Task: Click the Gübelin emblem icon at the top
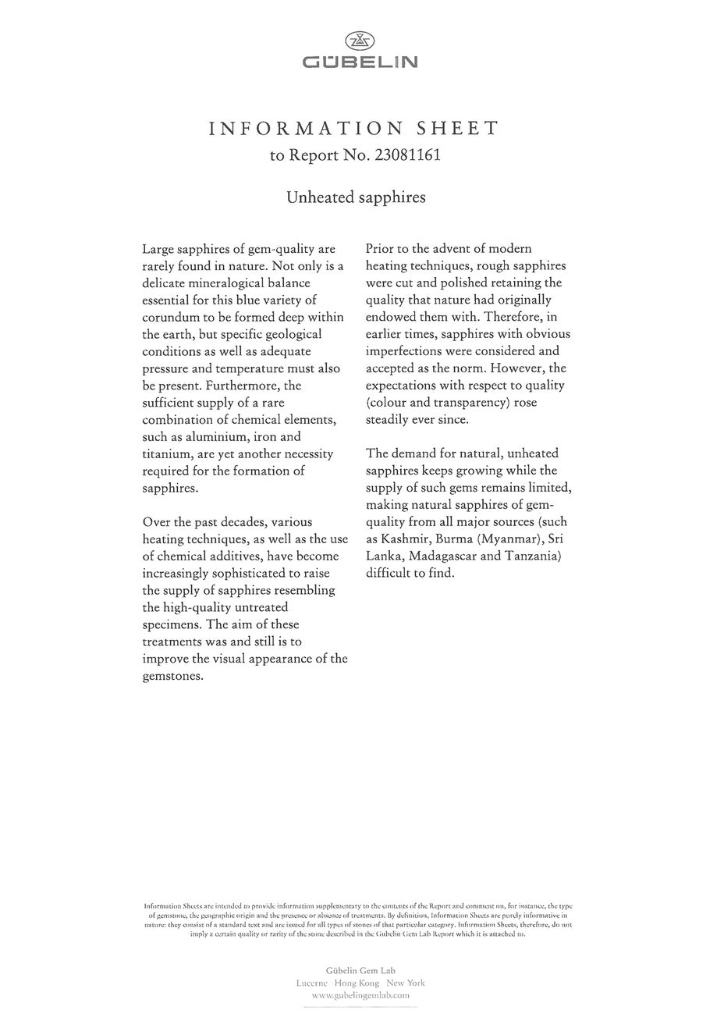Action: pos(360,41)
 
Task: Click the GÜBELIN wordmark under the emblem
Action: pos(360,62)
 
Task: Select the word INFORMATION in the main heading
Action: pos(306,129)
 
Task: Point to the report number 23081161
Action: pos(408,155)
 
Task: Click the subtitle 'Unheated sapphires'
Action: pos(356,197)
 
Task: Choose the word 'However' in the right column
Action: pos(539,368)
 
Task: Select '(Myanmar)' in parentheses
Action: pos(509,539)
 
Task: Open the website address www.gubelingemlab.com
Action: pos(360,996)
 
